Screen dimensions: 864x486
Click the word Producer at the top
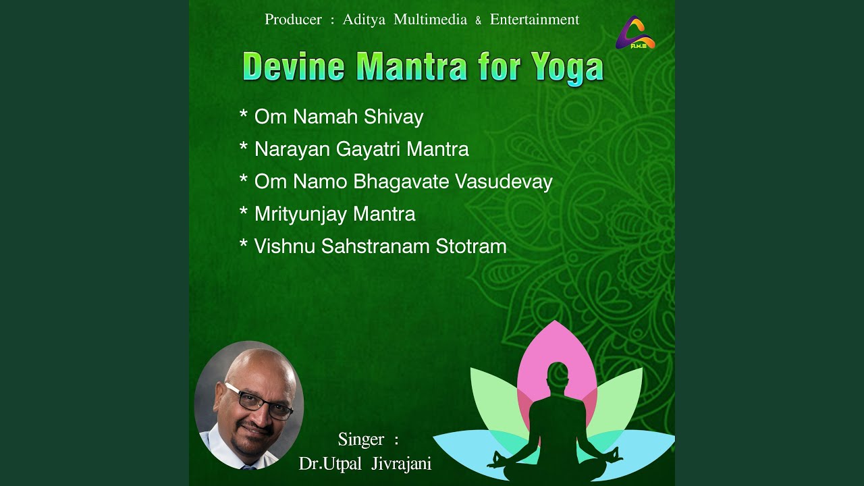[293, 20]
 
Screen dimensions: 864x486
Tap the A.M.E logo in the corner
[635, 33]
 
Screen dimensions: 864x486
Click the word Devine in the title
[294, 66]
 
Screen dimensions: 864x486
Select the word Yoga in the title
[567, 69]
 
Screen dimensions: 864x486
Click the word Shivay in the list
[394, 117]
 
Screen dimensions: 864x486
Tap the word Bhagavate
[401, 182]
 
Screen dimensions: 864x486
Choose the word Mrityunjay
[301, 214]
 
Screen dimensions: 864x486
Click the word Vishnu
[285, 246]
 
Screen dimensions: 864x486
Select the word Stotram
[471, 246]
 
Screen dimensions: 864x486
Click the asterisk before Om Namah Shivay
[244, 114]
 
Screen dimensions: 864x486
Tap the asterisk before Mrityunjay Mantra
[244, 211]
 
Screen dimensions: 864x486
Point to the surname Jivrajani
[401, 464]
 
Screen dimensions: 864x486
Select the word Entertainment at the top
[535, 20]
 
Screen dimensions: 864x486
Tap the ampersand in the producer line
[479, 21]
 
